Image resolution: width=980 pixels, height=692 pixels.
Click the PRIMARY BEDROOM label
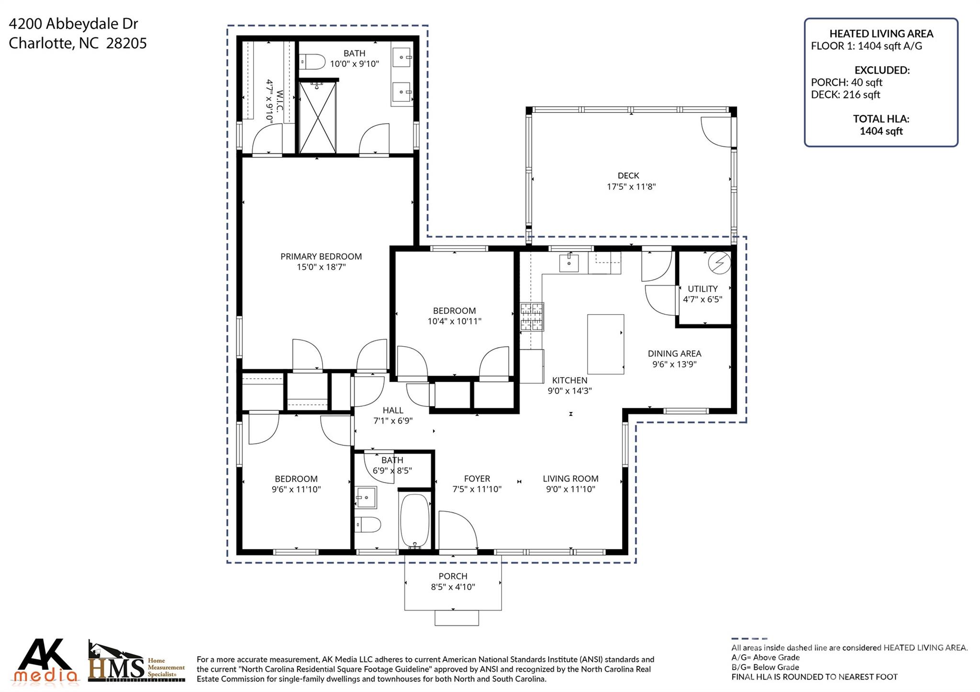(321, 256)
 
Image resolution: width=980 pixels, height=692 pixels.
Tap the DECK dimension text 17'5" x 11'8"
(631, 187)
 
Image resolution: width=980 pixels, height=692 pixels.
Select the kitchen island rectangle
(605, 344)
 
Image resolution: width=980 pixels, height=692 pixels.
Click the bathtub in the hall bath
(414, 521)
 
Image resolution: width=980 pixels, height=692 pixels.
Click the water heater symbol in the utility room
(719, 263)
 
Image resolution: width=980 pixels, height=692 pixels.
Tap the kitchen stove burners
(532, 317)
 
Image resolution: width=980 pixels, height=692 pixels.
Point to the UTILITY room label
(702, 289)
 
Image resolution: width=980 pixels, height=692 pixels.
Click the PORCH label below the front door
(453, 576)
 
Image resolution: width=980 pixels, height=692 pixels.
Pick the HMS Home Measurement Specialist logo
(136, 662)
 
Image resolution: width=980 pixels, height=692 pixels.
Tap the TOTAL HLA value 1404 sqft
(881, 131)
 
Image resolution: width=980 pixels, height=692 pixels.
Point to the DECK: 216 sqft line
(845, 95)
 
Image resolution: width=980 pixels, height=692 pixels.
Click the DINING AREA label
(674, 353)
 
